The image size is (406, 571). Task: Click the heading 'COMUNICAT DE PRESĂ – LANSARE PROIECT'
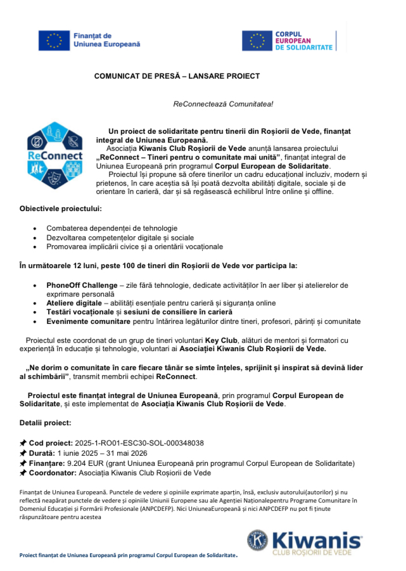click(x=177, y=76)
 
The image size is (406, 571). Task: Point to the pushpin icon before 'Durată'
click(x=23, y=453)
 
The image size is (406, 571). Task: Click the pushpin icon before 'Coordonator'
click(x=23, y=473)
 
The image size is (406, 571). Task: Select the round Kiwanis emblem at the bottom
click(x=257, y=541)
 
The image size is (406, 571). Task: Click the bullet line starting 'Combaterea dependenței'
click(x=111, y=228)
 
